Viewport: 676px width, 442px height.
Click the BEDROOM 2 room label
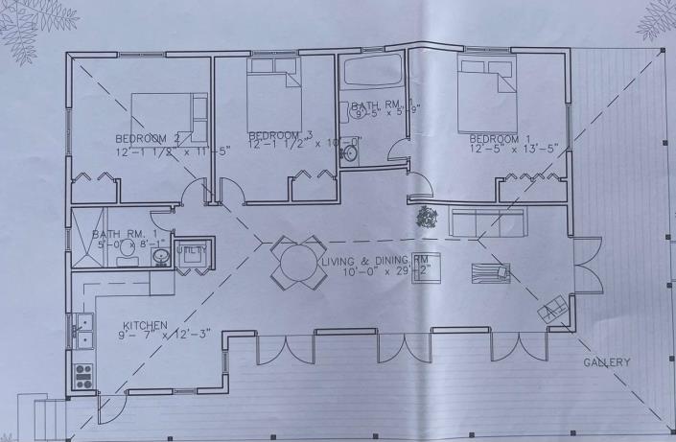(148, 138)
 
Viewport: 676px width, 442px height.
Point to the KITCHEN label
(145, 326)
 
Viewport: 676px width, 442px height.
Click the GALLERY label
(608, 362)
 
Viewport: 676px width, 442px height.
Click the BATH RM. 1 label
(117, 234)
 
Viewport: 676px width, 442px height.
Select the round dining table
(290, 261)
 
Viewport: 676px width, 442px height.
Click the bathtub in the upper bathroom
(373, 73)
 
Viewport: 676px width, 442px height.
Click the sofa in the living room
(487, 222)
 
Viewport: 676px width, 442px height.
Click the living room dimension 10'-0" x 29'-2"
(379, 272)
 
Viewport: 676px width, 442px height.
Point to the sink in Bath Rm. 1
(161, 256)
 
